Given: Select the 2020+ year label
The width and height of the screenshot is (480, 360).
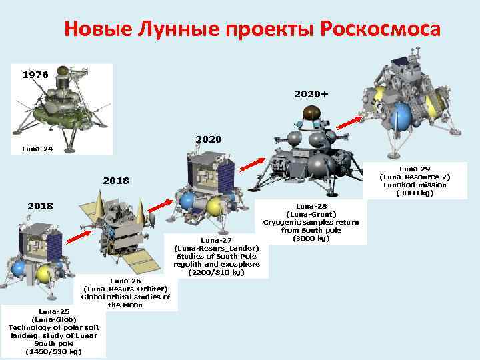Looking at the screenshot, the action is point(311,94).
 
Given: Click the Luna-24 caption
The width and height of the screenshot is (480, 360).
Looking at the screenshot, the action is point(35,149).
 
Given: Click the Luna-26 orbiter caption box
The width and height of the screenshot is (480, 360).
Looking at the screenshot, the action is point(125,293).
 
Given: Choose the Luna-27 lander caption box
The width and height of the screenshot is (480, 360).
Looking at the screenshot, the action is point(216,256).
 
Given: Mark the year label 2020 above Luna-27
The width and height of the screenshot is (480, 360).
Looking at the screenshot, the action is point(208,141).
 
